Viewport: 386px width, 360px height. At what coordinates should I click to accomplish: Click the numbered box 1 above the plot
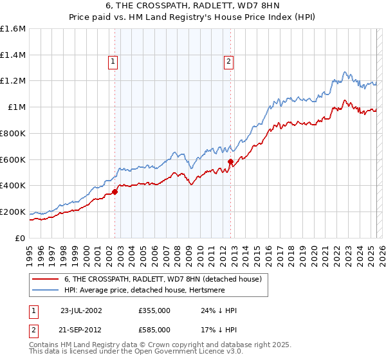pyautogui.click(x=113, y=62)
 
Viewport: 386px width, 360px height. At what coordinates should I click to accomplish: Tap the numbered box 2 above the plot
pyautogui.click(x=228, y=62)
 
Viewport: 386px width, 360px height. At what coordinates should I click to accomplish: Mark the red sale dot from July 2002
pyautogui.click(x=115, y=192)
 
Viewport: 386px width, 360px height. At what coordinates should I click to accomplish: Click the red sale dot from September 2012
pyautogui.click(x=231, y=161)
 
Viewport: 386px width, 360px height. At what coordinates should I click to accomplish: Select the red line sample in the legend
pyautogui.click(x=46, y=280)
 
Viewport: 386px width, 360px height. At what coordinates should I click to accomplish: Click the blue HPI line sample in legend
pyautogui.click(x=46, y=291)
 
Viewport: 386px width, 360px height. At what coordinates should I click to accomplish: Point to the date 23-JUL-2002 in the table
pyautogui.click(x=81, y=310)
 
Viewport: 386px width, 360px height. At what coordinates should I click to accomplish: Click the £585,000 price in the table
pyautogui.click(x=154, y=329)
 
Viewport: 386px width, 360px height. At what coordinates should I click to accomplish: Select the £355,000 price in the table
pyautogui.click(x=154, y=310)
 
